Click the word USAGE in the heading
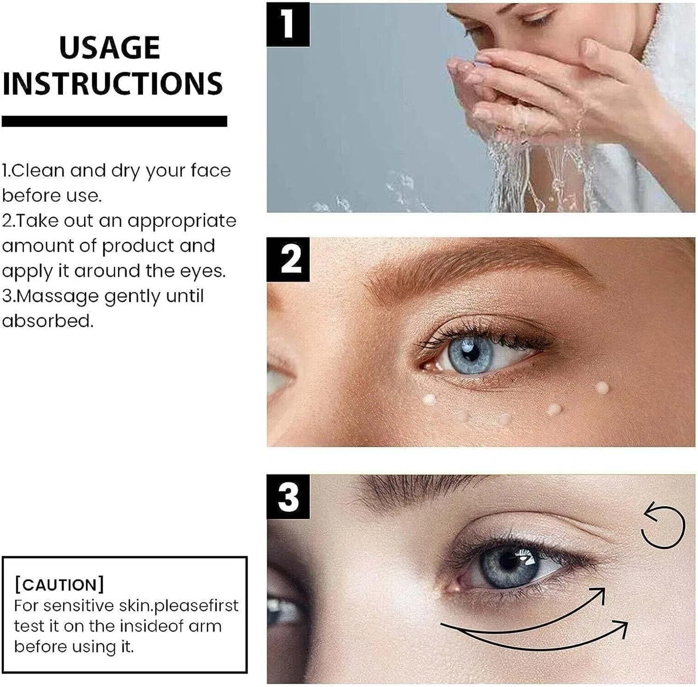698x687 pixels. (x=110, y=47)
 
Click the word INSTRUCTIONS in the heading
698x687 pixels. (x=113, y=83)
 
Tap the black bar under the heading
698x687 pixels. (x=114, y=121)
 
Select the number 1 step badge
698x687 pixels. (x=288, y=24)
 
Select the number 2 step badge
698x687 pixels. (x=288, y=259)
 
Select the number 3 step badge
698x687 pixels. (x=288, y=497)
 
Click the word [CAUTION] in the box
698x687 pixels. (x=59, y=585)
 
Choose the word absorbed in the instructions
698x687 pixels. (x=47, y=321)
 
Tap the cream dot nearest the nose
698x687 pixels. (x=429, y=399)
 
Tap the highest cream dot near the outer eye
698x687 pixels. (x=602, y=387)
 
